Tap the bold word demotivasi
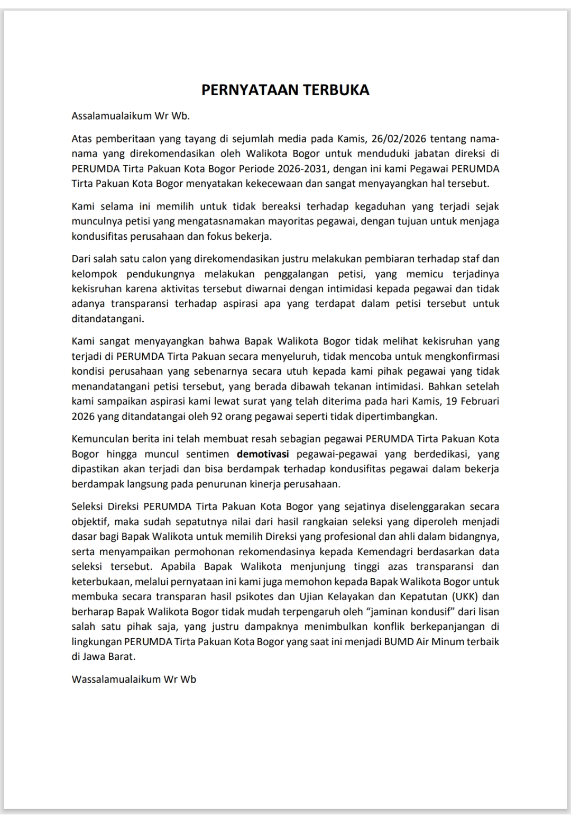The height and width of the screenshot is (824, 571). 263,454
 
